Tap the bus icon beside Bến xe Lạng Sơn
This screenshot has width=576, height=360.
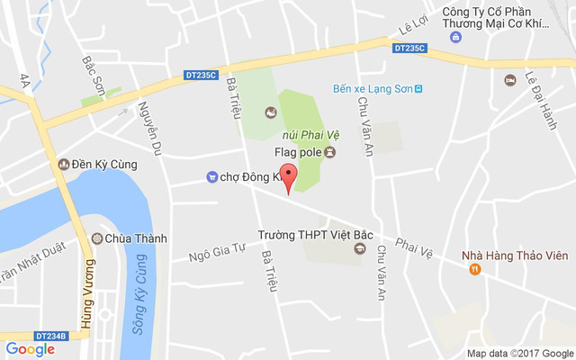[418, 88]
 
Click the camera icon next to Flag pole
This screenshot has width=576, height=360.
[329, 152]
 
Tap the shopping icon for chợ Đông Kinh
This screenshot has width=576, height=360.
[211, 176]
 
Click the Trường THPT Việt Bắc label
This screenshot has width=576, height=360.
[303, 235]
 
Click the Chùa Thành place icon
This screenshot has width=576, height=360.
[96, 238]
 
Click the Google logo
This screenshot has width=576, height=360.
[31, 349]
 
